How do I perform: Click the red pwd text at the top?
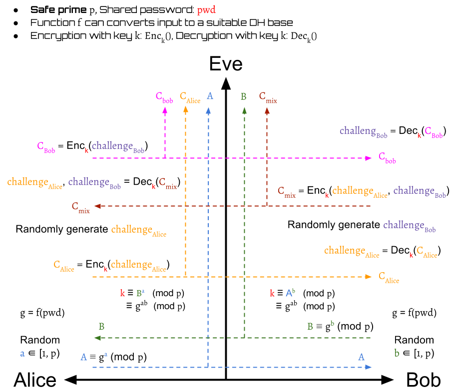(206, 10)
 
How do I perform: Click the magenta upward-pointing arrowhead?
(165, 111)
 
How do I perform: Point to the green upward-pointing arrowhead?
(244, 110)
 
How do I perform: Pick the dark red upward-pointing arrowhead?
(267, 111)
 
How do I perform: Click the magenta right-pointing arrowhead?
(369, 158)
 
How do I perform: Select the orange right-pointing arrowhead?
(369, 277)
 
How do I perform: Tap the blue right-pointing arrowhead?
(369, 367)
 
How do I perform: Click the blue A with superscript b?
(290, 294)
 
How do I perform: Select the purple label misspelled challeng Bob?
(364, 132)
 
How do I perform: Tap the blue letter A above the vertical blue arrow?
(210, 96)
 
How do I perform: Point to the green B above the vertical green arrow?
(243, 97)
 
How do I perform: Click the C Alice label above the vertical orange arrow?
(190, 97)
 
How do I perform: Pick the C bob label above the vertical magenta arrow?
(164, 97)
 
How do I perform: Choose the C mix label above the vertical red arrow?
(268, 97)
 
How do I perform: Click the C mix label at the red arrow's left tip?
(80, 207)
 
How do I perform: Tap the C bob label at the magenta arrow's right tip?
(387, 158)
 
